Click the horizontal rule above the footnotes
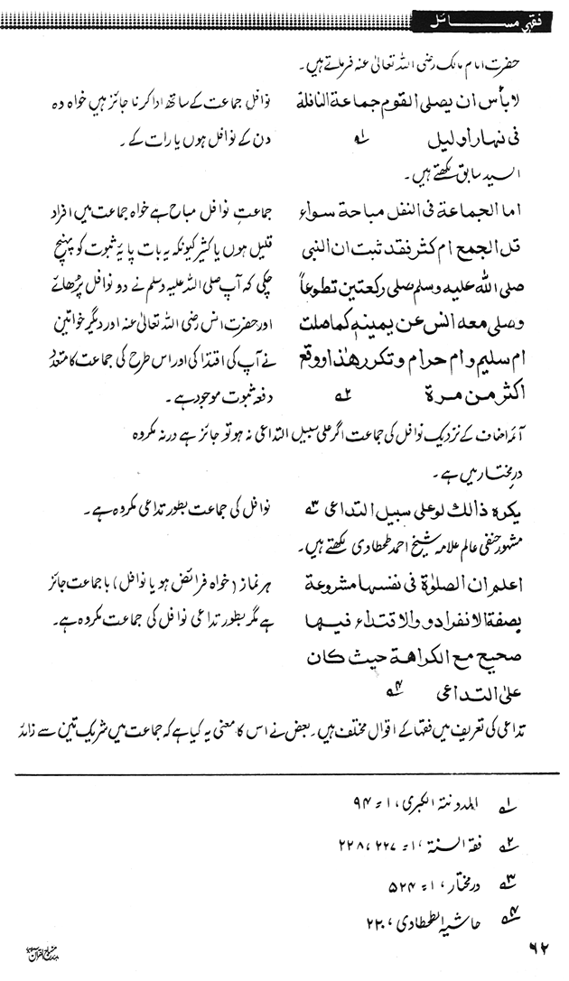point(284,773)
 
